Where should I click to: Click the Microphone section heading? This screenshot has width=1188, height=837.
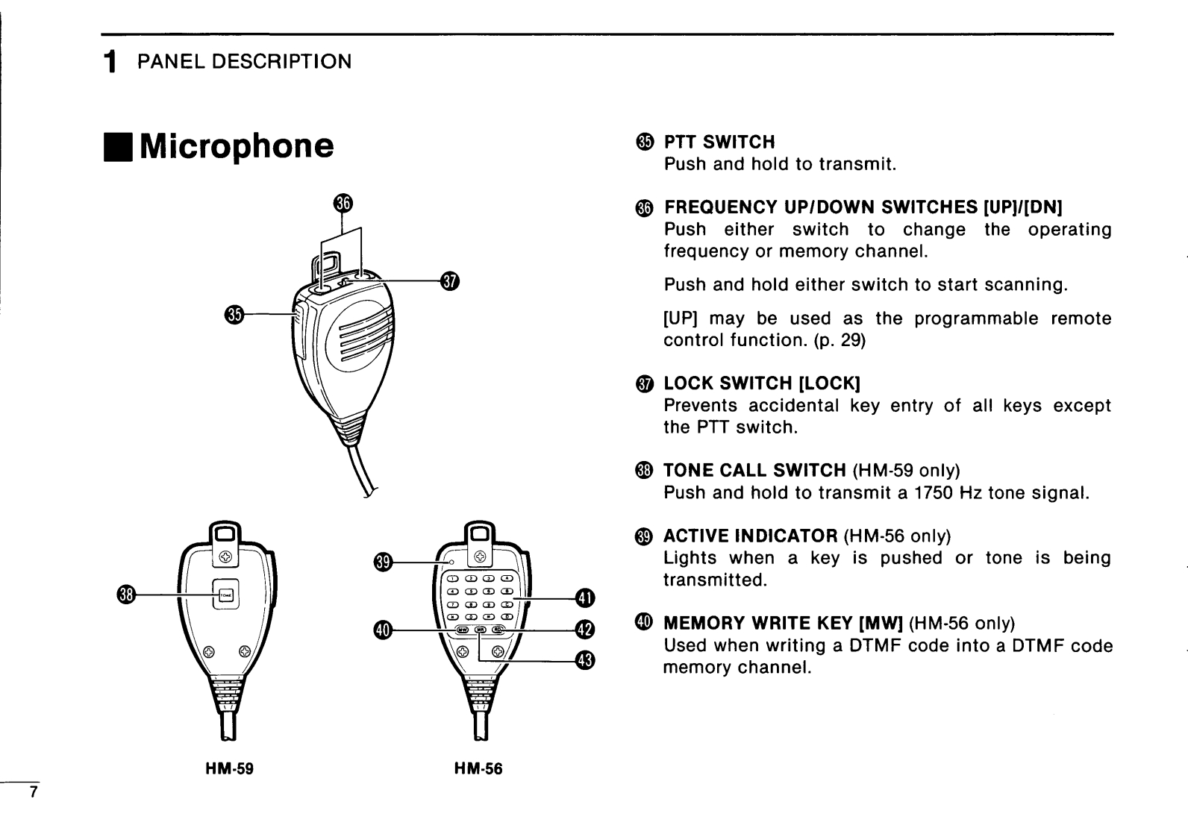click(x=236, y=146)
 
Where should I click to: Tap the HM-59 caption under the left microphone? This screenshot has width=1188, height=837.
click(x=230, y=768)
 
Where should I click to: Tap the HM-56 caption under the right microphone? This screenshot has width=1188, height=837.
click(x=478, y=768)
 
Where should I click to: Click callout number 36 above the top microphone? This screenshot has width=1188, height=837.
click(x=343, y=203)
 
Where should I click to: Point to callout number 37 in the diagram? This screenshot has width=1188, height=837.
click(x=450, y=281)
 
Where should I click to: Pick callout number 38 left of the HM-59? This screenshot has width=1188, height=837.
click(x=125, y=595)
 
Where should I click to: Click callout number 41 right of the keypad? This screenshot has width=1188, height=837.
click(x=585, y=598)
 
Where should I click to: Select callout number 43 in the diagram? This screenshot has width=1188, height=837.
click(x=585, y=660)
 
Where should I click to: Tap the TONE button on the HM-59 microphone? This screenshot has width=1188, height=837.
click(x=225, y=595)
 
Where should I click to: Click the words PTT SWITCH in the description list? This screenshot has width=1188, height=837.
click(x=719, y=142)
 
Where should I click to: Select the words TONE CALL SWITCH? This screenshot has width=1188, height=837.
click(x=754, y=471)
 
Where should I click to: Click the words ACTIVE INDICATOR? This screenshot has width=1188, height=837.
click(x=750, y=536)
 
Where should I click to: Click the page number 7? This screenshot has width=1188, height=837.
click(x=32, y=792)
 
